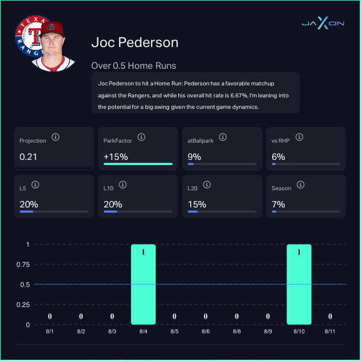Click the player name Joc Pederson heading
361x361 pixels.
(x=135, y=43)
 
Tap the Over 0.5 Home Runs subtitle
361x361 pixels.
(x=134, y=65)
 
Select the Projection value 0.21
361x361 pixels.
(x=28, y=156)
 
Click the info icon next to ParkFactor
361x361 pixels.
(x=141, y=138)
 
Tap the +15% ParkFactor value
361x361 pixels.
(x=116, y=156)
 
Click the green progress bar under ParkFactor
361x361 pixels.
(x=138, y=164)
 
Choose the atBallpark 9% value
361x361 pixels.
(x=194, y=156)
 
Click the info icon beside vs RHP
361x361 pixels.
(x=300, y=138)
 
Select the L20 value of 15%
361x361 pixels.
(x=198, y=205)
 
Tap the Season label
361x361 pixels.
(x=281, y=188)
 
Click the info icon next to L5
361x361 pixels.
(x=36, y=185)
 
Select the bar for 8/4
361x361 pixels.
(x=143, y=284)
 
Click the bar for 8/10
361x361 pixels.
(x=299, y=284)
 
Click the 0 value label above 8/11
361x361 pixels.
(x=330, y=316)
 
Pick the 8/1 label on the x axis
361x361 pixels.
(x=50, y=332)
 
